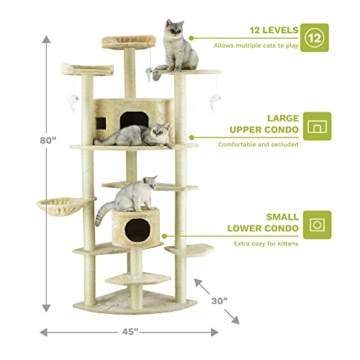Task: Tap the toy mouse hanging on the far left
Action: pyautogui.click(x=74, y=100)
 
